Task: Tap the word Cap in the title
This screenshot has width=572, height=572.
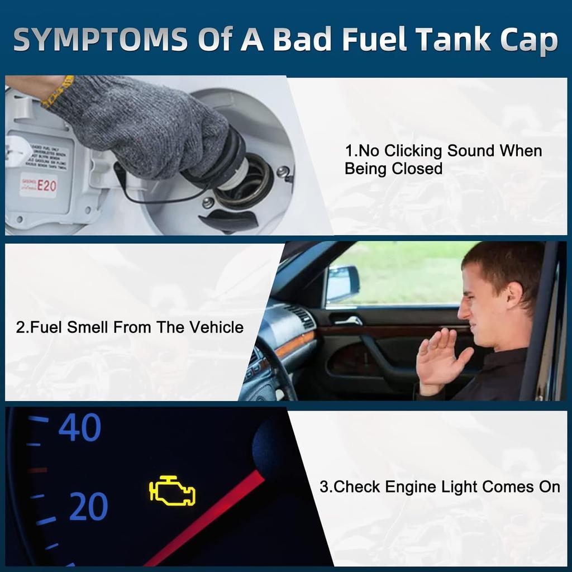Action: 527,40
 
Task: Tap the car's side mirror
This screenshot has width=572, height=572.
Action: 342,283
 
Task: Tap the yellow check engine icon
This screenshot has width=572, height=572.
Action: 172,491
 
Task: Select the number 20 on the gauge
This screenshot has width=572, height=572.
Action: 88,507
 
